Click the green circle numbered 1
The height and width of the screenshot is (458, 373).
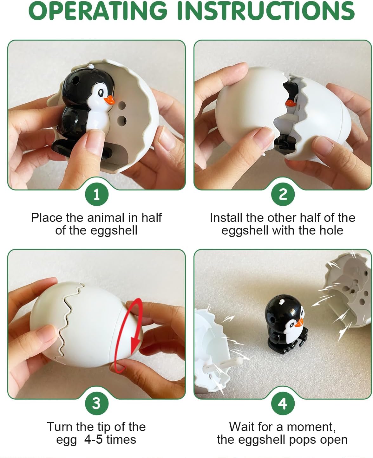[x=96, y=194]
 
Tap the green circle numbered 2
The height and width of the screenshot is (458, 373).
[x=283, y=194]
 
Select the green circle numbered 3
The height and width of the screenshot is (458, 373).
[x=96, y=403]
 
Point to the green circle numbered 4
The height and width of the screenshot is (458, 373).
[x=283, y=403]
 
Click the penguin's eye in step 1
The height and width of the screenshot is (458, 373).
[x=101, y=93]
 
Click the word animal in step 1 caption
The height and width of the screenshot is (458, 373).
[x=106, y=218]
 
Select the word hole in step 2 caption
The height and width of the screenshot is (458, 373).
[x=331, y=230]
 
